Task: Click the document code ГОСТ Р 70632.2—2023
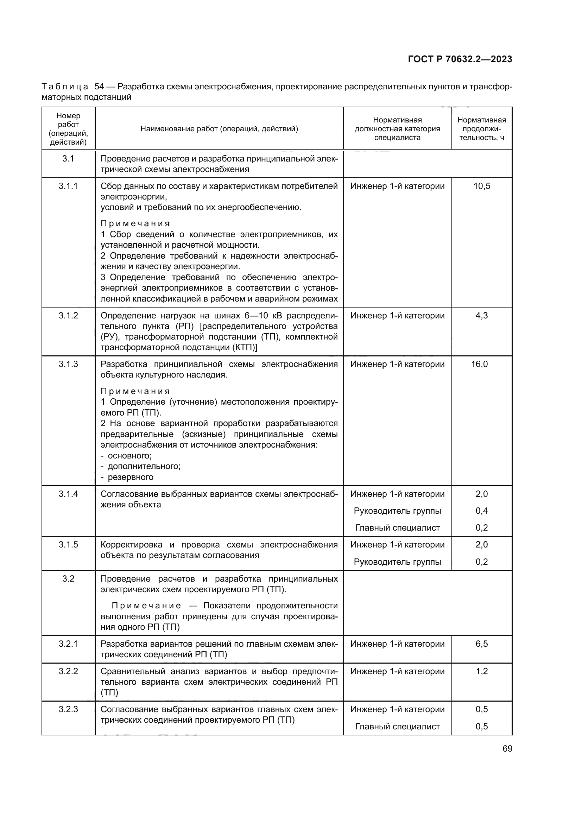[460, 59]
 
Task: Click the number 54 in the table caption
[99, 87]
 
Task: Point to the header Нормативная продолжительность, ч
[481, 128]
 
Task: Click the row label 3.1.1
[68, 186]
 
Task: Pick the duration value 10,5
[481, 186]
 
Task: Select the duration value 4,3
[481, 315]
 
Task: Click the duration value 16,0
[479, 364]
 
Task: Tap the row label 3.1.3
[68, 364]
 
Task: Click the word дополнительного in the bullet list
[144, 466]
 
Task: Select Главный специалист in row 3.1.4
[397, 528]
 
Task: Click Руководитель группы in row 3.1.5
[397, 562]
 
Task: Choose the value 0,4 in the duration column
[481, 511]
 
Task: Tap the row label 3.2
[68, 579]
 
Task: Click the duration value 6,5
[481, 644]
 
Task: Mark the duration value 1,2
[481, 671]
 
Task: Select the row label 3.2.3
[68, 709]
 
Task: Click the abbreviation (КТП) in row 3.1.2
[245, 347]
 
